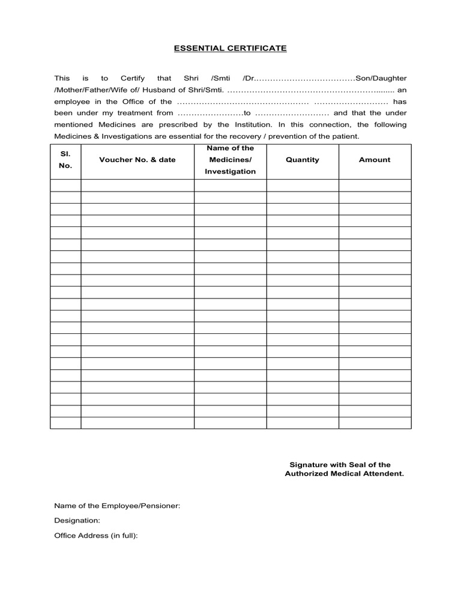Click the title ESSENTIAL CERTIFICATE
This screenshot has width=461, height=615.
(x=230, y=48)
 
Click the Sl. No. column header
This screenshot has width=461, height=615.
(x=65, y=160)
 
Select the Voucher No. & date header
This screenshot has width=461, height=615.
(x=137, y=160)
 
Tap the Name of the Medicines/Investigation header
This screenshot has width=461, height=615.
(x=230, y=160)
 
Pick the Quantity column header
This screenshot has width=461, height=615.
(x=303, y=160)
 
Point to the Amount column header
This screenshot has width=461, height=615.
(x=375, y=160)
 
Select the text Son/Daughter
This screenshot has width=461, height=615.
(x=381, y=79)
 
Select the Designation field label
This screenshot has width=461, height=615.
(x=77, y=521)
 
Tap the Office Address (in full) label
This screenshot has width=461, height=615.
(x=96, y=535)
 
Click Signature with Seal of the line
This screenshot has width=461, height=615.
(x=340, y=464)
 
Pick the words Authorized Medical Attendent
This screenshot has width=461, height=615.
(x=344, y=474)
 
